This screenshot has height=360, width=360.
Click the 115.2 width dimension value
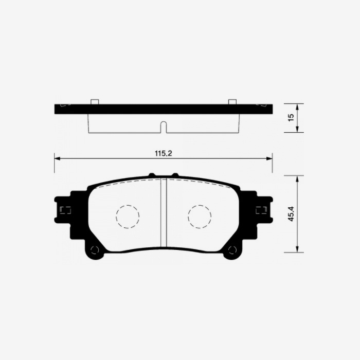[163, 153]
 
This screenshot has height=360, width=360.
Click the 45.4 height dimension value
[292, 214]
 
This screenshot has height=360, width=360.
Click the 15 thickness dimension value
[291, 118]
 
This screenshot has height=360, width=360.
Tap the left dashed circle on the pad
[128, 216]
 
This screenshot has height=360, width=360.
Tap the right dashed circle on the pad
[200, 216]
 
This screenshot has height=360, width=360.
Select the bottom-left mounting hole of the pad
[94, 250]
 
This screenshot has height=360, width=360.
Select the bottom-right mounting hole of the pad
[232, 250]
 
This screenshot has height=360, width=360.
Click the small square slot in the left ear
[65, 210]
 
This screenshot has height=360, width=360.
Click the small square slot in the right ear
[261, 210]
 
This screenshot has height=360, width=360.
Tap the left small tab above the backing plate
[94, 101]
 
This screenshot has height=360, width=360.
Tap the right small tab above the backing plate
[232, 101]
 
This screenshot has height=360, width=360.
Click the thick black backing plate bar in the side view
[164, 109]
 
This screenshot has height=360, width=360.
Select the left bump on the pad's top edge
[152, 175]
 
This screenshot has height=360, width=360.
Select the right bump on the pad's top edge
[175, 175]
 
